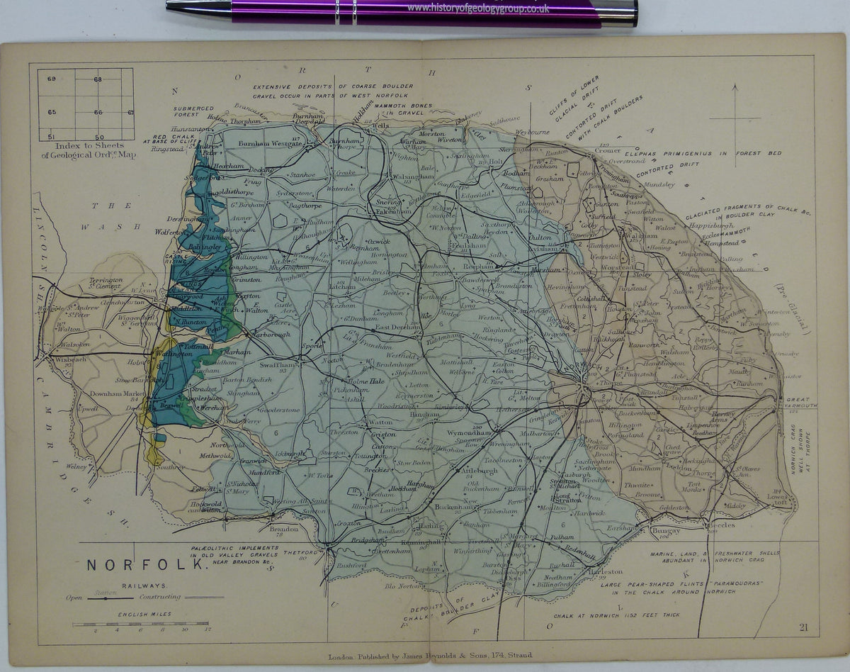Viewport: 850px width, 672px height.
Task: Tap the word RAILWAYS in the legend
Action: (144, 586)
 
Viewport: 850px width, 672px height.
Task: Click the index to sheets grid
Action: (86, 104)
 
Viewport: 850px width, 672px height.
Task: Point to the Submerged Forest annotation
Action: (193, 113)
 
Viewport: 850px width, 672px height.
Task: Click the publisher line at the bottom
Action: (425, 655)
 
